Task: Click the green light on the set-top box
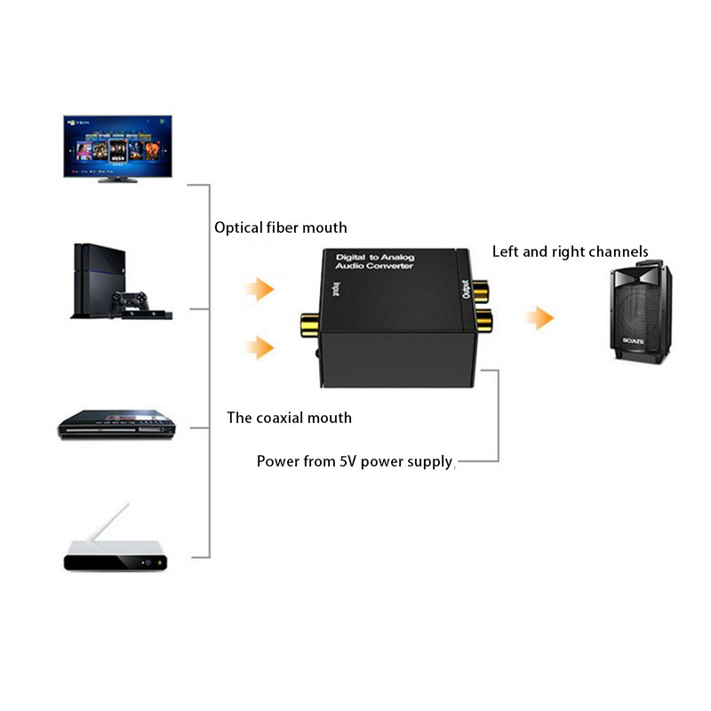click(x=158, y=563)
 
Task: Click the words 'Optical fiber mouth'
click(x=281, y=228)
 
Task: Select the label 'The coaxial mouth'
click(x=289, y=418)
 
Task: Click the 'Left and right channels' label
click(x=570, y=252)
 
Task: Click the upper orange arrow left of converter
click(x=260, y=289)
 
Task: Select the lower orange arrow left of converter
click(x=260, y=348)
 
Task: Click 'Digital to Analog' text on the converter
click(x=372, y=257)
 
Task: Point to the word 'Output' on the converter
click(x=466, y=289)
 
